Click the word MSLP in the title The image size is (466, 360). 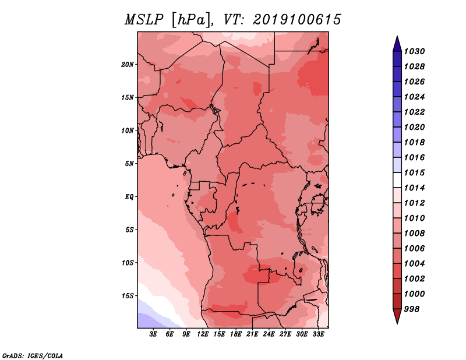144,20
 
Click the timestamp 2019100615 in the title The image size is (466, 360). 297,20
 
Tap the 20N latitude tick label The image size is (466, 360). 128,65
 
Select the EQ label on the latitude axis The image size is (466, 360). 129,197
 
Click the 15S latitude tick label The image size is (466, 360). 128,296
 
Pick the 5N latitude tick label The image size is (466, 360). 129,164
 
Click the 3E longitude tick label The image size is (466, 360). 153,334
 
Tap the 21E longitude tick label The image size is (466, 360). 252,334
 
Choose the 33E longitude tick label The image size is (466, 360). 318,334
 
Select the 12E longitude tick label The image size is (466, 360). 203,334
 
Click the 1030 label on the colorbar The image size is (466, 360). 414,51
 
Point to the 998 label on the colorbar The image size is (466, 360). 412,309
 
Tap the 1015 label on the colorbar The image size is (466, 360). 414,172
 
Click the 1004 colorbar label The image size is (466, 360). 414,264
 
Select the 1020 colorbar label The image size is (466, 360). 414,127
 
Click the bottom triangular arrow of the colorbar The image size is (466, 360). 397,315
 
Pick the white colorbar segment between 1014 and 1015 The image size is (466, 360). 397,180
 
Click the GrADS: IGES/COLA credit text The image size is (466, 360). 33,355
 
